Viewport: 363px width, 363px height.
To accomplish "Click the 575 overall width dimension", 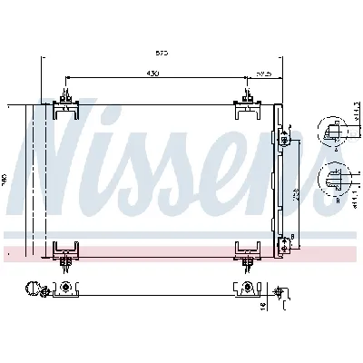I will [162, 54].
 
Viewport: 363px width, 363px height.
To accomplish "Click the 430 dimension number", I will [155, 74].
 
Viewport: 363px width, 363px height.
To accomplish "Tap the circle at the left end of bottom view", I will [34, 291].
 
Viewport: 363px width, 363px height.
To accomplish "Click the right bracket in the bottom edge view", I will [246, 290].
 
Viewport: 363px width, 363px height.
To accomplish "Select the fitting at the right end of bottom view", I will [280, 292].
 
